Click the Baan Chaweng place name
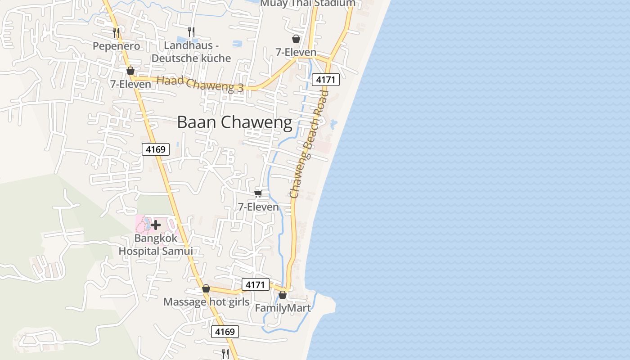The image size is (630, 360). (x=234, y=122)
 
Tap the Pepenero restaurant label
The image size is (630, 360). (x=116, y=46)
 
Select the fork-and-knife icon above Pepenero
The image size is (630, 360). (x=116, y=32)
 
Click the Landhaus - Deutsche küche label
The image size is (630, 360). (x=191, y=52)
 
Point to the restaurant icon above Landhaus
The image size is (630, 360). (x=191, y=31)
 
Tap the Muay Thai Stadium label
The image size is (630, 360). (x=308, y=4)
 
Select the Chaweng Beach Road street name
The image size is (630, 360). (x=310, y=144)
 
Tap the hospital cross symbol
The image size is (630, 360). (x=156, y=225)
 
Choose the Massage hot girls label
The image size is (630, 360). (x=206, y=301)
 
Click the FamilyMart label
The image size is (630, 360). (x=283, y=308)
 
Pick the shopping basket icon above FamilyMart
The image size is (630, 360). (x=283, y=295)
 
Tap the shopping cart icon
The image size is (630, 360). (x=258, y=193)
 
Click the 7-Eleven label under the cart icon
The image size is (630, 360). (x=258, y=207)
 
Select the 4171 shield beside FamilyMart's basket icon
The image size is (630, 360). (x=256, y=284)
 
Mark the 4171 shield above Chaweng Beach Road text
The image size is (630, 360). (x=325, y=80)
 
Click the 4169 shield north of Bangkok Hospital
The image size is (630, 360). (x=156, y=149)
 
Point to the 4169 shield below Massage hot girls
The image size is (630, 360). (x=225, y=332)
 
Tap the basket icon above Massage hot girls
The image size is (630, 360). (x=206, y=288)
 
